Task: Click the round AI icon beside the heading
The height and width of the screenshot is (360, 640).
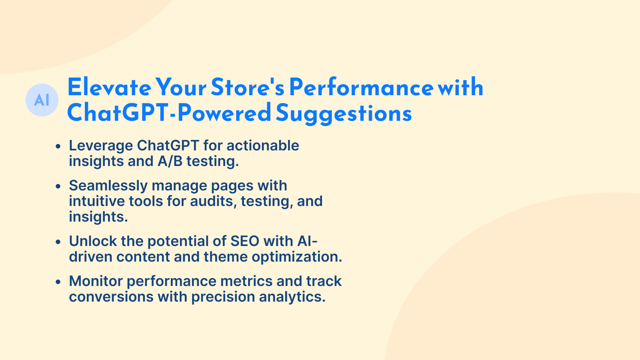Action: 42,100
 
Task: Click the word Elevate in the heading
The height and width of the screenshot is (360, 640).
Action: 109,88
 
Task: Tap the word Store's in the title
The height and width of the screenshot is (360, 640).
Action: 248,88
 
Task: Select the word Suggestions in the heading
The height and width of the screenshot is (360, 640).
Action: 344,114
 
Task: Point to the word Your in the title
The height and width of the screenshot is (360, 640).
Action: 181,88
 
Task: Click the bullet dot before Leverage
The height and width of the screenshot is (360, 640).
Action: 58,146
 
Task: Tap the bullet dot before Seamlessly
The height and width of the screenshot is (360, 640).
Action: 58,186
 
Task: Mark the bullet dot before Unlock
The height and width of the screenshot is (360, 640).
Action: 58,242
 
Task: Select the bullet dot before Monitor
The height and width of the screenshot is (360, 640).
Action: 58,282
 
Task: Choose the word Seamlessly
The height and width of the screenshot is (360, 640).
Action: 108,186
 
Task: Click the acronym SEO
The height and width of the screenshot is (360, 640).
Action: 245,241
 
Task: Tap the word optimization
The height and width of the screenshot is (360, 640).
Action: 297,257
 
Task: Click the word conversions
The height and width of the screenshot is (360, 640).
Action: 112,297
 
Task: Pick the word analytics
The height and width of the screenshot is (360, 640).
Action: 292,297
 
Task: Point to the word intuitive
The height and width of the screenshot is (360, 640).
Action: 97,201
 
